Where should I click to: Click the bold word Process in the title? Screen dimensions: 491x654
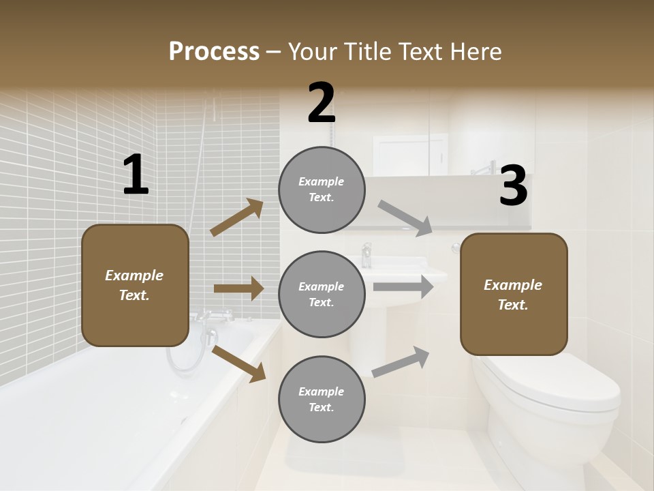coord(214,51)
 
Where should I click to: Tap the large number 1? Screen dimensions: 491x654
coord(136,175)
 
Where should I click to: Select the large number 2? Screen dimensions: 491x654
coord(322,103)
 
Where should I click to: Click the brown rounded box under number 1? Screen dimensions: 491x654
coord(135,285)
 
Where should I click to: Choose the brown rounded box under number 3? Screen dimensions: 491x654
coord(514,294)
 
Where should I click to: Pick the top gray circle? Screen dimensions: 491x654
coord(322,190)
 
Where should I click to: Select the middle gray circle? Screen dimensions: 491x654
coord(322,294)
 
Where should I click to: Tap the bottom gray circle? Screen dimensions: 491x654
coord(322,399)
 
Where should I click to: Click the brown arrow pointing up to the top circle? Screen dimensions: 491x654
coord(237,218)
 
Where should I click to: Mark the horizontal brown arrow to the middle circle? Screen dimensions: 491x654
coord(238,288)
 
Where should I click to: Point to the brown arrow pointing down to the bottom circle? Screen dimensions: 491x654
coord(239,363)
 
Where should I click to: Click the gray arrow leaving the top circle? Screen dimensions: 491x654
coord(405,218)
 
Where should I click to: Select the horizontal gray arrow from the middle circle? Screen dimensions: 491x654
coord(403,286)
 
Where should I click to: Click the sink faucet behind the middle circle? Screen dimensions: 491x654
coord(367,254)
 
